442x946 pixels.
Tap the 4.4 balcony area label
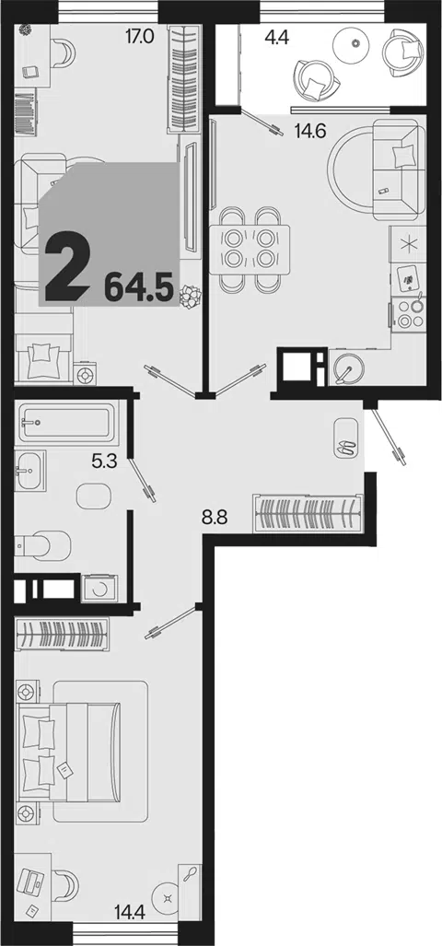tap(277, 38)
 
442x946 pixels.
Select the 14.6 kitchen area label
tap(310, 130)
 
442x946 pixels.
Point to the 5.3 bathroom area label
tap(103, 462)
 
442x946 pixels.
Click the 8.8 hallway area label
tap(214, 518)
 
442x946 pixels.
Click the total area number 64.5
tap(139, 286)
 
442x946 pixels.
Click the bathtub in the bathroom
tap(66, 422)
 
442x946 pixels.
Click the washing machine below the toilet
tap(100, 589)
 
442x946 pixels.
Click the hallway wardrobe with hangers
tap(308, 513)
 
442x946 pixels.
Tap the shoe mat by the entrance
tap(345, 438)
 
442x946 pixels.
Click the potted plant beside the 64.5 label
tap(192, 297)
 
